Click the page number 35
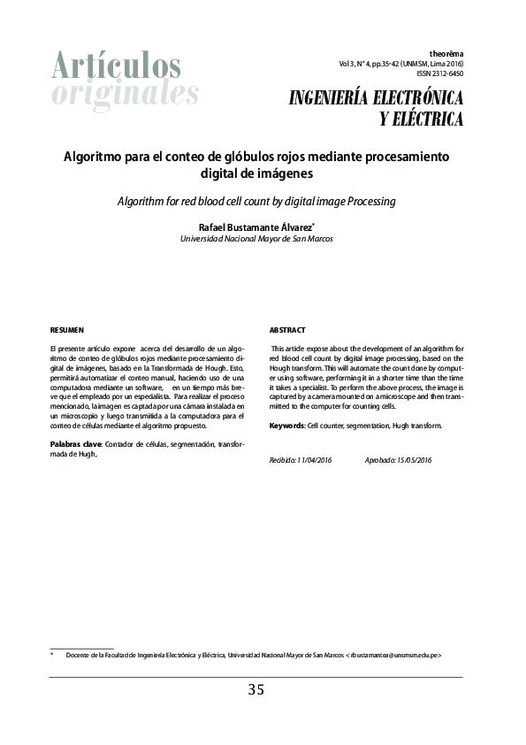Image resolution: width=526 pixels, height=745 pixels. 256,690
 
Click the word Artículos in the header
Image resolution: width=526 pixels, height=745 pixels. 116,65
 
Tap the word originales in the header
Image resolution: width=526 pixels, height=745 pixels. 125,93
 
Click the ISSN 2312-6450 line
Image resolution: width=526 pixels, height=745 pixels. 438,74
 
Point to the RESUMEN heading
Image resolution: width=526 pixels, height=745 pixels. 66,330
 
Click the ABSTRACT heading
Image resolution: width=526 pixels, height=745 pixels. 287,330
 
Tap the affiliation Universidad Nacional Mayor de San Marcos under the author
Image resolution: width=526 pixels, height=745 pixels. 256,239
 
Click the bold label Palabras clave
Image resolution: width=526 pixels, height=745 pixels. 76,442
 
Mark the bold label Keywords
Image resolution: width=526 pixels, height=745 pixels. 286,426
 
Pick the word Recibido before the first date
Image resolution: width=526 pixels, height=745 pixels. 282,460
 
